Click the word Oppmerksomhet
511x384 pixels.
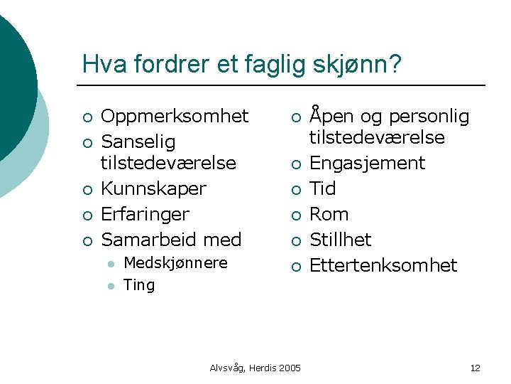175,116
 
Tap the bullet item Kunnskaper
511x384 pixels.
153,188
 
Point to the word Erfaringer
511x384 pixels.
145,214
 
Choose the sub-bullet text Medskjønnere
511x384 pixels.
175,263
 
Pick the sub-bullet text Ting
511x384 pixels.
139,285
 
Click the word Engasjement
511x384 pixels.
367,163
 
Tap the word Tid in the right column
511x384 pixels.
323,188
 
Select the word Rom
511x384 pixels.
329,214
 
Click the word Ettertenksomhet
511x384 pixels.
383,265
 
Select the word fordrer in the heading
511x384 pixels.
158,65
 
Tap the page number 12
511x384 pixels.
475,368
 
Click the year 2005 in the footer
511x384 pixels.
289,368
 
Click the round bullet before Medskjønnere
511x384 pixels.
111,264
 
